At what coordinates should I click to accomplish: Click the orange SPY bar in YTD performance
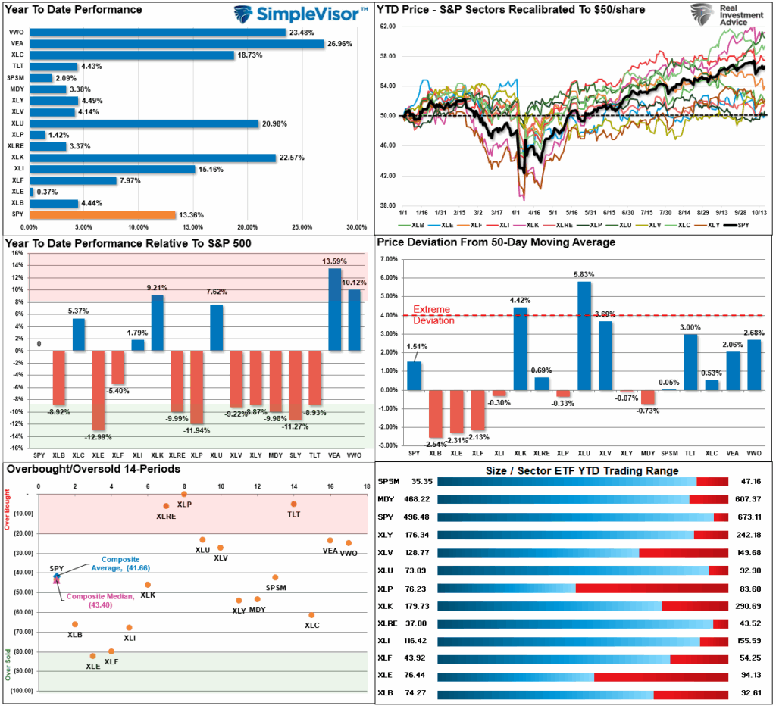tap(102, 214)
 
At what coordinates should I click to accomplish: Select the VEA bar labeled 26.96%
tap(176, 43)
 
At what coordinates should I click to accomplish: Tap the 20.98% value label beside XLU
tap(275, 123)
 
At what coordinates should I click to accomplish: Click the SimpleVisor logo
tap(300, 13)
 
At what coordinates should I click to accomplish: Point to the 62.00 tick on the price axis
tap(387, 27)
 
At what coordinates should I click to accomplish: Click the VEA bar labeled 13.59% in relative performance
tap(334, 309)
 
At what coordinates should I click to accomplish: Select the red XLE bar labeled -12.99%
tap(99, 389)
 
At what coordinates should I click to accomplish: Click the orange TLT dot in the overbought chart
tap(293, 504)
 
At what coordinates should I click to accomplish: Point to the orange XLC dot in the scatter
tap(311, 615)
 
